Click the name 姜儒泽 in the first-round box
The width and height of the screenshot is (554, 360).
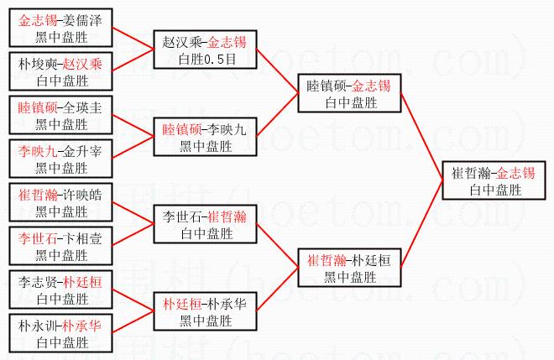(x=82, y=20)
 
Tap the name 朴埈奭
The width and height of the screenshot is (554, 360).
(x=38, y=64)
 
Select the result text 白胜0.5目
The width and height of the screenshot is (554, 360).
(x=207, y=59)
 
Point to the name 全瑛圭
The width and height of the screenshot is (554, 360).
(x=82, y=107)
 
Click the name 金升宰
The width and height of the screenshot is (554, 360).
(x=82, y=151)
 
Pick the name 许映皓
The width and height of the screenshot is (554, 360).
(x=82, y=195)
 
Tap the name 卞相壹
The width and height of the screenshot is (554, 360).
(x=82, y=238)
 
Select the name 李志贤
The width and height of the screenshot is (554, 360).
(x=38, y=282)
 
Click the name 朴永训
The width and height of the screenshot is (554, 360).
(x=38, y=326)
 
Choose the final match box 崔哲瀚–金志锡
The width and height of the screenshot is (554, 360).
(x=494, y=180)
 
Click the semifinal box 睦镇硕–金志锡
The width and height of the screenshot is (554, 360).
(x=349, y=93)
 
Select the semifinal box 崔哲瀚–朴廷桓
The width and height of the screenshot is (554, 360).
(x=349, y=268)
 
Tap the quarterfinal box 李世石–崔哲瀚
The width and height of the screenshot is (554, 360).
(x=206, y=224)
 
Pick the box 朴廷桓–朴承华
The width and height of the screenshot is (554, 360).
(x=206, y=311)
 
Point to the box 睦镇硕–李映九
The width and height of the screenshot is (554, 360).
(x=206, y=137)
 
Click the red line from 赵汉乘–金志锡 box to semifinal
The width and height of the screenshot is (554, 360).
(x=277, y=71)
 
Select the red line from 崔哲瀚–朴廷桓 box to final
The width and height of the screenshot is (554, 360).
(x=421, y=224)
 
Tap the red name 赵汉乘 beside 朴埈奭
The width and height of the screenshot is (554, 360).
(x=82, y=64)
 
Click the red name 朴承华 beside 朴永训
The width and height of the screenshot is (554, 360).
(x=82, y=326)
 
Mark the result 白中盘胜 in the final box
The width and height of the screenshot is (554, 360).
(x=496, y=190)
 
